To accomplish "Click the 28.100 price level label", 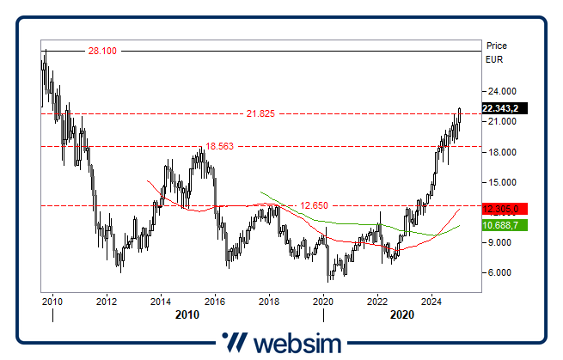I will [102, 52].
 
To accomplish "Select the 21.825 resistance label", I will [260, 113].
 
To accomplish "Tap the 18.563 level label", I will [219, 146].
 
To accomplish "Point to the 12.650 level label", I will [316, 205].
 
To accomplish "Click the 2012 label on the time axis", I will [107, 301].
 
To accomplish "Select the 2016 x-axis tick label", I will [215, 301].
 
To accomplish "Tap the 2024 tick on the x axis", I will [431, 301].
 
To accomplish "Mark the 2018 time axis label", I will [269, 301].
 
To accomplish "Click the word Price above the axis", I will [497, 46].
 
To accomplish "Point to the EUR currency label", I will [494, 60].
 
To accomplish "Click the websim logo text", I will [297, 343].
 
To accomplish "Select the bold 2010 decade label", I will [187, 315].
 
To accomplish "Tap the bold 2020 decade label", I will [403, 315].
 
